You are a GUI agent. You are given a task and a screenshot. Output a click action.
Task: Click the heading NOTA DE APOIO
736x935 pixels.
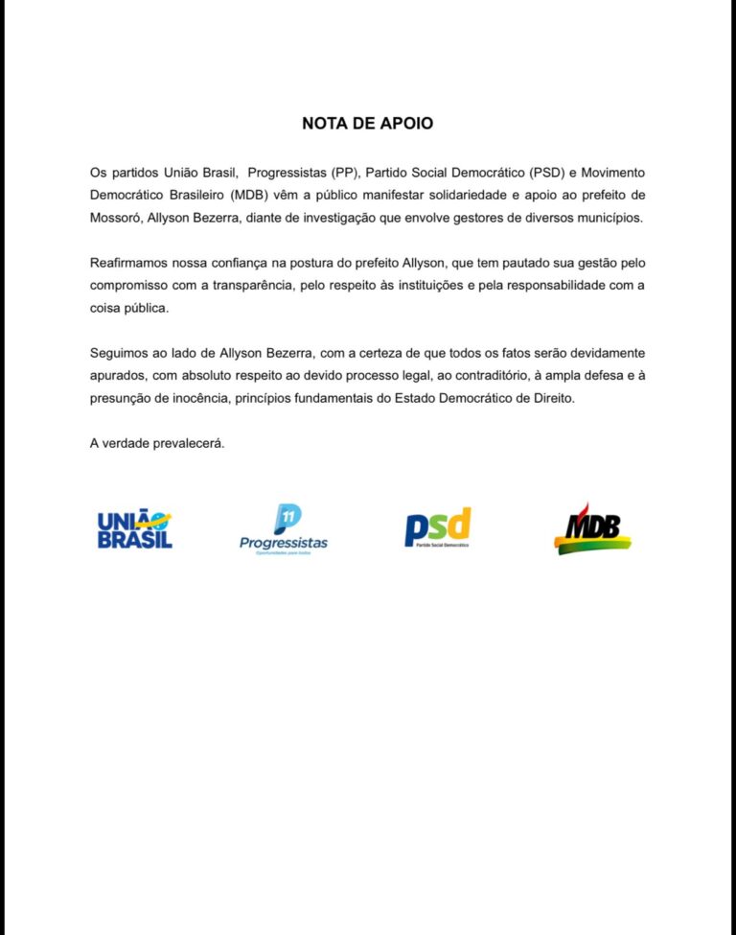tap(367, 124)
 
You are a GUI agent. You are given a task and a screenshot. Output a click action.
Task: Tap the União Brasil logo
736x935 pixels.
tap(134, 530)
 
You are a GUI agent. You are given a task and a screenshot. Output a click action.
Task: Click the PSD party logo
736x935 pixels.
tap(438, 527)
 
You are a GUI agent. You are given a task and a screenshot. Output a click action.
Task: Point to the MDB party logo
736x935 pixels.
tap(593, 527)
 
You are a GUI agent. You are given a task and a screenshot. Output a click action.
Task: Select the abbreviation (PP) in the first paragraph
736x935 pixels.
tap(342, 173)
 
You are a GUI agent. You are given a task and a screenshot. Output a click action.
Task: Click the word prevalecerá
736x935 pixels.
tap(191, 443)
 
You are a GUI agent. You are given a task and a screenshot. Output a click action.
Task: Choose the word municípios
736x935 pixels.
tap(609, 218)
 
